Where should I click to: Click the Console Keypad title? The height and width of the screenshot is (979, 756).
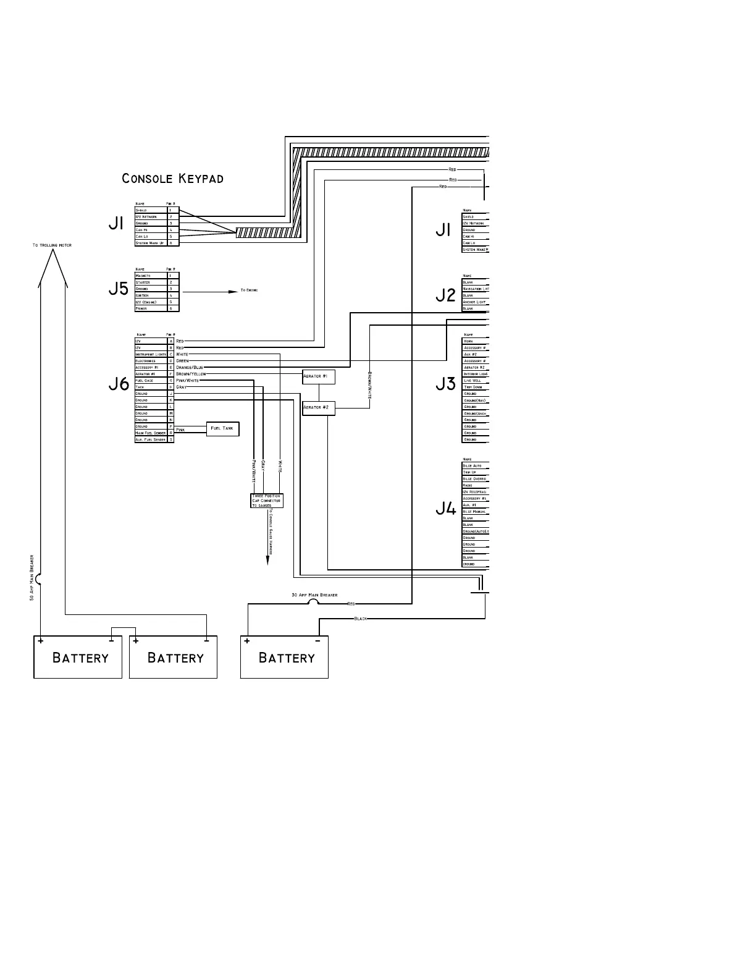coord(173,179)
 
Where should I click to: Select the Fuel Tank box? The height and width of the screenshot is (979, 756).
coord(222,428)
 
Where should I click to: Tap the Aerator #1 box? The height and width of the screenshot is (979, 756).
coord(319,376)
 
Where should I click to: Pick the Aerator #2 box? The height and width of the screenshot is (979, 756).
coord(319,408)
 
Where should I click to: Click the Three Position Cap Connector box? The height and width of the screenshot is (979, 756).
coord(267,501)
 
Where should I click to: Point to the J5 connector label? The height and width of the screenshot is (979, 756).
coord(118,289)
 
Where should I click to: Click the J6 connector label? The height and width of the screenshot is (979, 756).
coord(119,384)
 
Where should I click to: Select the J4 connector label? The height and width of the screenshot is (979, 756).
coord(445,509)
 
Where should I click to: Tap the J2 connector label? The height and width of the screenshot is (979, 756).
coord(445,295)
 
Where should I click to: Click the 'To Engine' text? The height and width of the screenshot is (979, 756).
coord(249,290)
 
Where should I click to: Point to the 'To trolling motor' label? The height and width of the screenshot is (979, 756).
coord(52,245)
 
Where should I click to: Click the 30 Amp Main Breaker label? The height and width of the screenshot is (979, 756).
coord(314,595)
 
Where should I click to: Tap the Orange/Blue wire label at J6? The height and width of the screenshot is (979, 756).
coord(190,368)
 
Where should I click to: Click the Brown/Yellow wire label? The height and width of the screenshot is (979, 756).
coord(191,374)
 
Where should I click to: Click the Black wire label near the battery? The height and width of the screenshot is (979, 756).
coord(361,619)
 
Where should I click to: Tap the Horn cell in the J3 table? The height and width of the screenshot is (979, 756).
coord(469,341)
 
